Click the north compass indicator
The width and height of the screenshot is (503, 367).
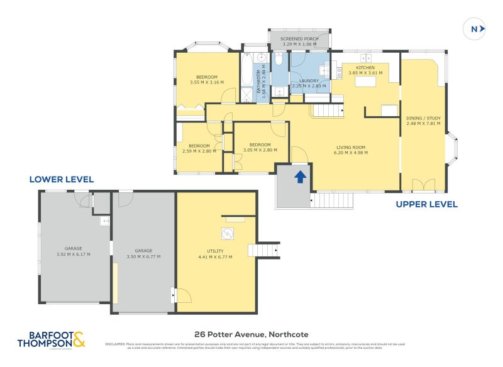click(475, 28)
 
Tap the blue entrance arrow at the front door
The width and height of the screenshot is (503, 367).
click(301, 177)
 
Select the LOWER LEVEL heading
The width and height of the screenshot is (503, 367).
click(62, 180)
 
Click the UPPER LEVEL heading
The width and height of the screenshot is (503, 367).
click(426, 204)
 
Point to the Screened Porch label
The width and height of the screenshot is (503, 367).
click(299, 39)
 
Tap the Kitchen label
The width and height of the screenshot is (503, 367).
click(365, 67)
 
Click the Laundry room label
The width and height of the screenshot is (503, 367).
click(309, 80)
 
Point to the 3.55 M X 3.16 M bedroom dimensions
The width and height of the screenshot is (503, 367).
click(207, 82)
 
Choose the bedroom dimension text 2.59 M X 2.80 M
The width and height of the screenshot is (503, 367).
click(199, 151)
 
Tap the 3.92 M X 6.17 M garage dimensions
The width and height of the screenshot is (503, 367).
click(74, 255)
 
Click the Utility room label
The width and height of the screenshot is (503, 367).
click(216, 251)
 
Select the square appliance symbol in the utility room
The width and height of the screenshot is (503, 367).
click(227, 234)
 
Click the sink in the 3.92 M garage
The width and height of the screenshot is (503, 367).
click(104, 221)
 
